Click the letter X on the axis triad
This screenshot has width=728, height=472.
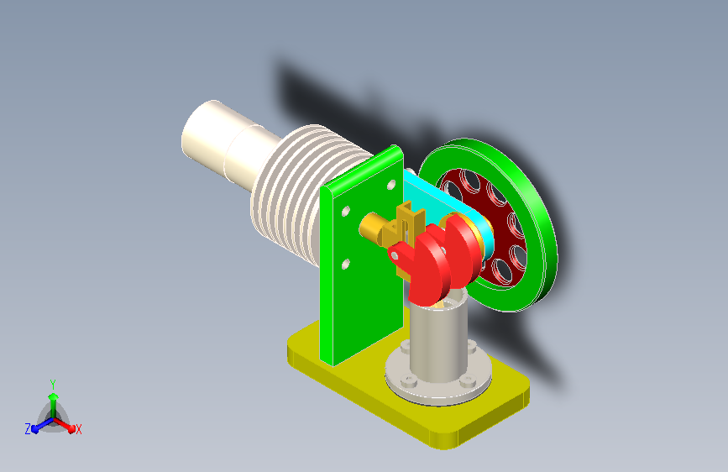pyautogui.click(x=78, y=430)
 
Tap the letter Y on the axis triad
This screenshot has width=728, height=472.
pyautogui.click(x=53, y=385)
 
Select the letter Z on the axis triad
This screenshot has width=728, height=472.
pyautogui.click(x=28, y=429)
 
